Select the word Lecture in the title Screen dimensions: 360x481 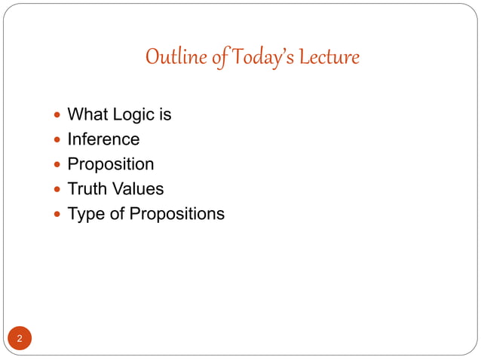point(329,57)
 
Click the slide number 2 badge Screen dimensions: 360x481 point(20,338)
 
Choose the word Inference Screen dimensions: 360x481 point(103,139)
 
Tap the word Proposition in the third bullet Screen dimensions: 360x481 point(111,164)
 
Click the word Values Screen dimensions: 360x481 point(137,189)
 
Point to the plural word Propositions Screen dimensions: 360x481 point(176,214)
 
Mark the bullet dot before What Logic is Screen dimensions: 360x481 point(59,115)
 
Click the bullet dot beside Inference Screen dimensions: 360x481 point(59,140)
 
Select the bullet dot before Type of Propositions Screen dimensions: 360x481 point(59,215)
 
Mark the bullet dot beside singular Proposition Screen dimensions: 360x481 point(59,165)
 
